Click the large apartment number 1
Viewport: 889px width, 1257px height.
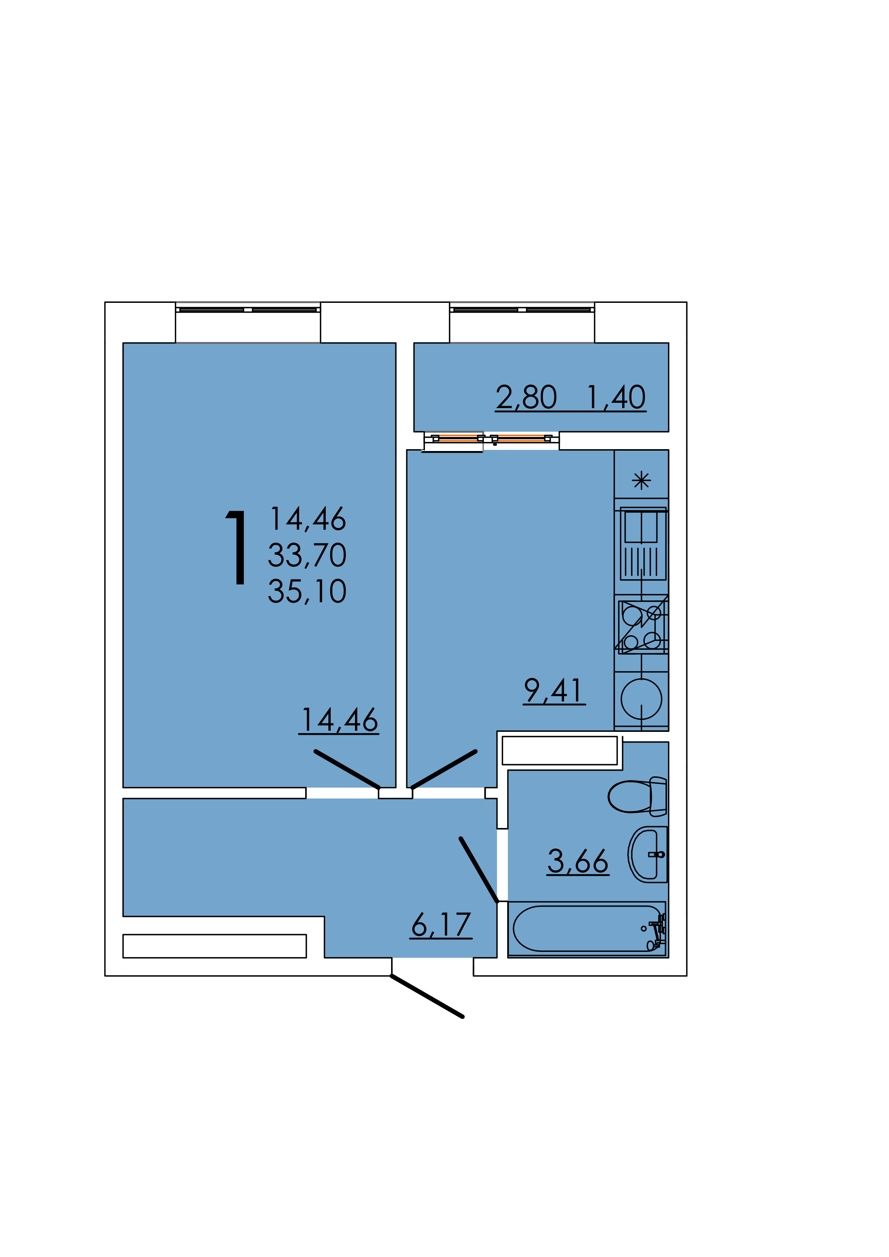coord(237,548)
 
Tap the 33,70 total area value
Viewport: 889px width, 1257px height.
coord(307,555)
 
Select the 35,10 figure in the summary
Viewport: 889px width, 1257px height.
coord(307,591)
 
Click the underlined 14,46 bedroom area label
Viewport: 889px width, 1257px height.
coord(339,720)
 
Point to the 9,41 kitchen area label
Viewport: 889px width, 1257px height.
coord(554,691)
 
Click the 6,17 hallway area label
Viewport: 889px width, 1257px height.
coord(441,925)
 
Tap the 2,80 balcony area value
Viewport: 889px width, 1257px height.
coord(526,397)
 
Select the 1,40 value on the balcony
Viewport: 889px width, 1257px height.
coord(616,397)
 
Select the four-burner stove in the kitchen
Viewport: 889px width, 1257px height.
coord(642,627)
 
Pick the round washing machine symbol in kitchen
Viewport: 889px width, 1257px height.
coord(642,699)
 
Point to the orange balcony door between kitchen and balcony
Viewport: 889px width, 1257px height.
coord(492,438)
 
